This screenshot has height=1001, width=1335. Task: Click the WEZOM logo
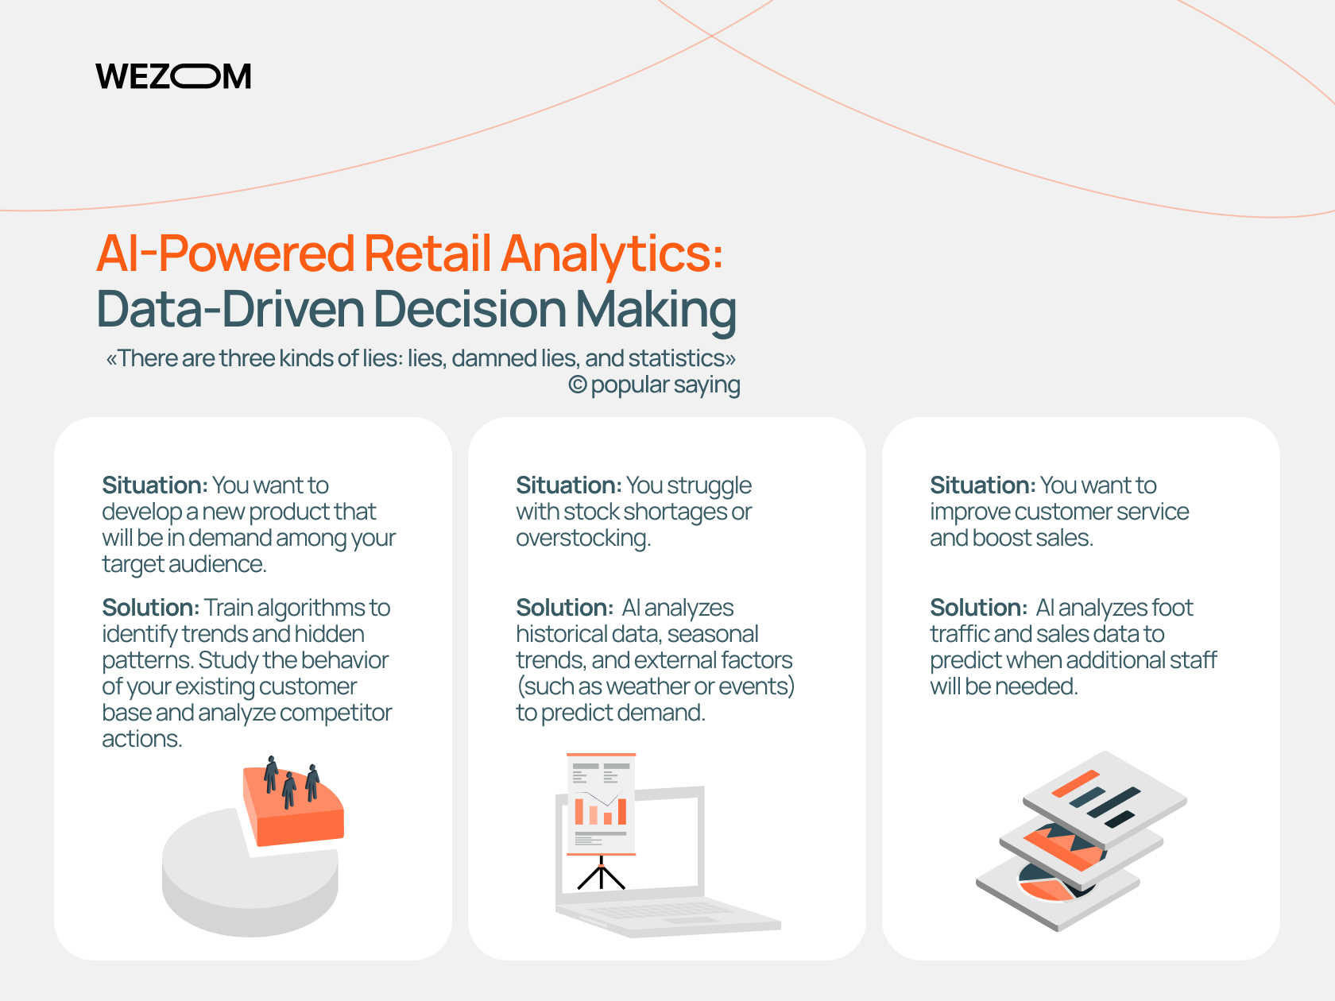(x=173, y=76)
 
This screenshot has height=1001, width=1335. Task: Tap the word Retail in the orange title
(x=427, y=253)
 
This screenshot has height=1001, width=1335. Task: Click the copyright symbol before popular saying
(x=577, y=385)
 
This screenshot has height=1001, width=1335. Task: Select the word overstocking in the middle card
(x=583, y=539)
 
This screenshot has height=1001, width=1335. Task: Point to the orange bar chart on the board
(x=601, y=811)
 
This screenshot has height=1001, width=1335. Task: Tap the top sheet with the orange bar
(x=1105, y=799)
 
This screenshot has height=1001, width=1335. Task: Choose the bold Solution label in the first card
(x=151, y=607)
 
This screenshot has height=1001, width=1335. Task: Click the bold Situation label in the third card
(x=983, y=485)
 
